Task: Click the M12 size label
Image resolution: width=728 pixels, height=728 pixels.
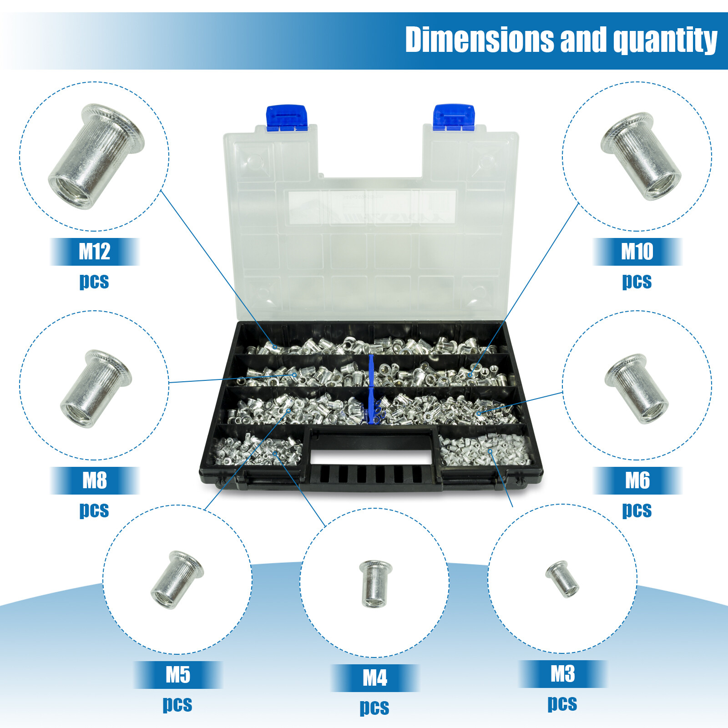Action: click(94, 251)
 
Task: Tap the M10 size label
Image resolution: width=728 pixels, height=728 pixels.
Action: click(637, 251)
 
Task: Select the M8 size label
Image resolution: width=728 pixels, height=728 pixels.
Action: click(94, 480)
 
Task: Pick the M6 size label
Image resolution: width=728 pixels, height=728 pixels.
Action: click(637, 480)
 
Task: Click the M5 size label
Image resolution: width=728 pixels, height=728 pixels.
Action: click(177, 675)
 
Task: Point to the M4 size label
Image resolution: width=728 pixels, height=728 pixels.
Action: click(374, 678)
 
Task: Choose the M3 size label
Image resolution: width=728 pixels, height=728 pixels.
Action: click(562, 674)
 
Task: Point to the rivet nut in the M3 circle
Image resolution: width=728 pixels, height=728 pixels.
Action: click(563, 579)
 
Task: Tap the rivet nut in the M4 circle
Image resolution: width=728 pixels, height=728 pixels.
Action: click(374, 583)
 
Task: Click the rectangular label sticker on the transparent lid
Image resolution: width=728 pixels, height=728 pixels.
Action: click(372, 207)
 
